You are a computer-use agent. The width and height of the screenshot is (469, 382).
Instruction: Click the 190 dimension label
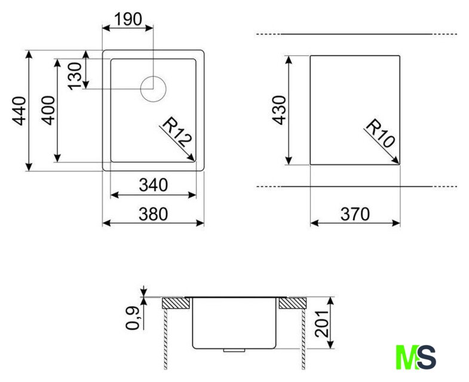tap(128, 19)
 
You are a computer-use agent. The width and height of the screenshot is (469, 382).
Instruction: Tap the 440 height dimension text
tap(19, 110)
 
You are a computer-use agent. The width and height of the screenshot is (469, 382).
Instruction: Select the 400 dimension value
tap(48, 110)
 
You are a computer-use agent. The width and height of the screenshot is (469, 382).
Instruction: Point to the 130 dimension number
tap(75, 76)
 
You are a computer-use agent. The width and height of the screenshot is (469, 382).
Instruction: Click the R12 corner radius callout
tap(176, 132)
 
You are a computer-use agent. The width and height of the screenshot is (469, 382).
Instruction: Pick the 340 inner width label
tap(153, 185)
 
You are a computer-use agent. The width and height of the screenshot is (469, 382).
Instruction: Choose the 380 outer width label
tap(153, 214)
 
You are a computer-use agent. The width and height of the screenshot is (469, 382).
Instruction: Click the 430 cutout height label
tap(279, 110)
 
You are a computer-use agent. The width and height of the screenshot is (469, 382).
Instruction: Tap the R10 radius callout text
tap(380, 133)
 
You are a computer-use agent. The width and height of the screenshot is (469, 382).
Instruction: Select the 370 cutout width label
tap(355, 214)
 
